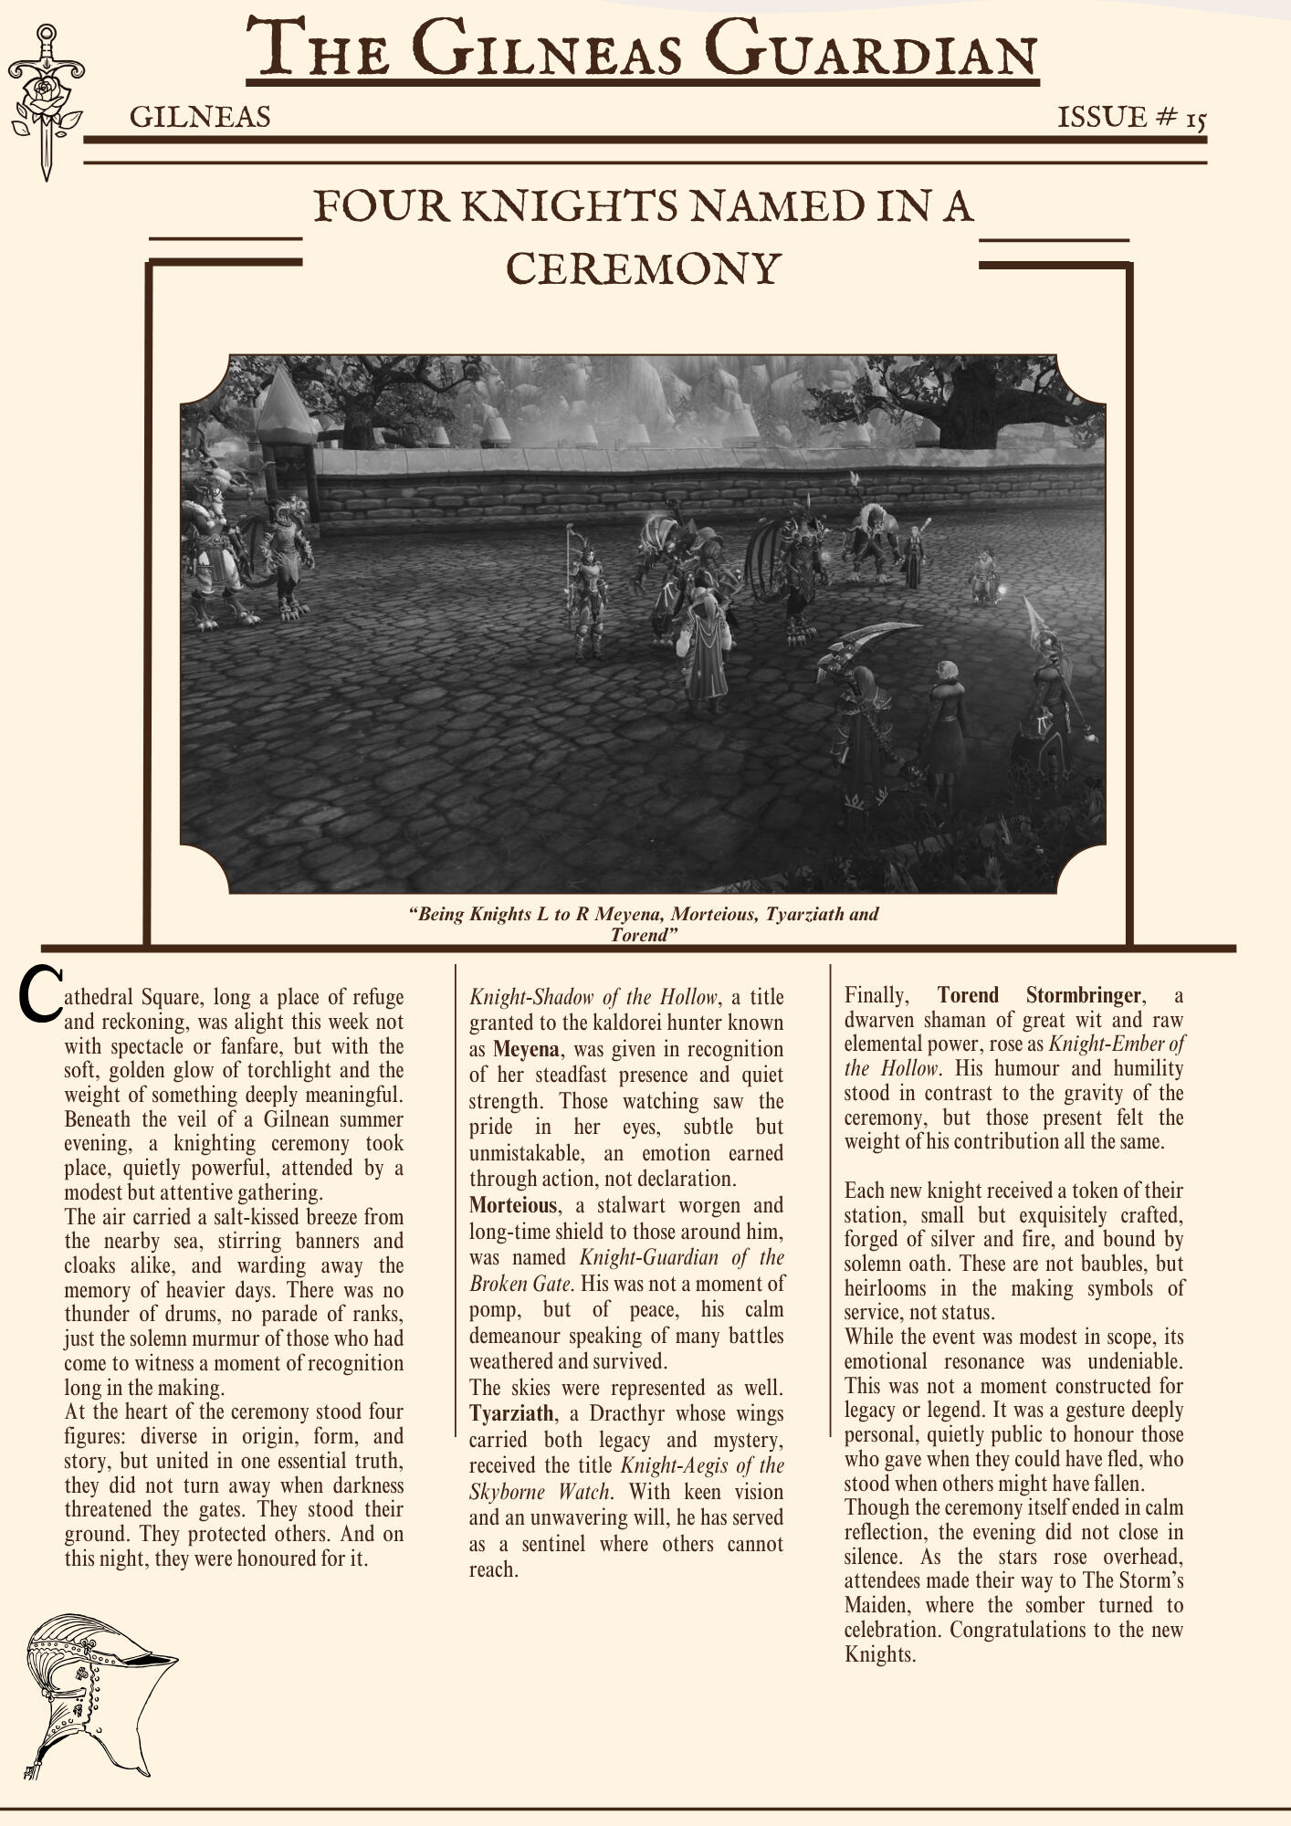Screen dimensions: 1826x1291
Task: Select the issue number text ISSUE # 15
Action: point(1132,118)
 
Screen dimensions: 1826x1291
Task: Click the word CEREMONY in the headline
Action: point(644,268)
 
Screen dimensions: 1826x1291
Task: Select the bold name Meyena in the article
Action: point(525,1049)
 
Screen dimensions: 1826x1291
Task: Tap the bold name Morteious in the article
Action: point(512,1205)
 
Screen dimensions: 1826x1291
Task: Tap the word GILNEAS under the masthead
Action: point(200,118)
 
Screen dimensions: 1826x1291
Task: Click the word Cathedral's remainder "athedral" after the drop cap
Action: point(98,997)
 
